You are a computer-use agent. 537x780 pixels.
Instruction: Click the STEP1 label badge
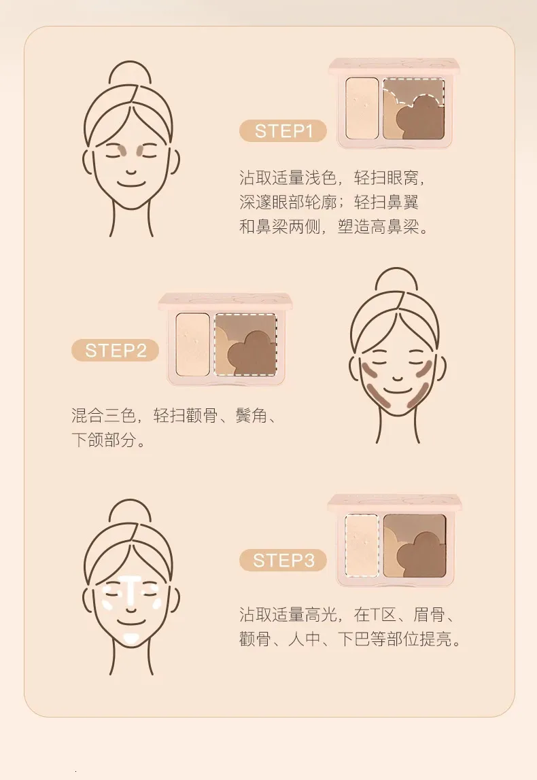[283, 131]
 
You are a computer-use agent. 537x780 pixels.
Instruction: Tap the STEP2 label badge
[115, 350]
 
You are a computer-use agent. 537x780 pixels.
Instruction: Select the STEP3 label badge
[283, 560]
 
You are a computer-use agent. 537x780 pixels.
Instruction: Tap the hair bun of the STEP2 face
[396, 281]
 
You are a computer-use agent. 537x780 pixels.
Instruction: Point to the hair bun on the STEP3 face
[130, 513]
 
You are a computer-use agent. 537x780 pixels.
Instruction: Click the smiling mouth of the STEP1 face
[131, 185]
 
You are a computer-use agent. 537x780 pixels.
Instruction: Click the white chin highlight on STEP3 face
[131, 639]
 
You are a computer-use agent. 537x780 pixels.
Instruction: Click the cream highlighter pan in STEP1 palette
[362, 108]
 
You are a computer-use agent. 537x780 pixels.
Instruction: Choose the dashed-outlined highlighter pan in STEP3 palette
[362, 546]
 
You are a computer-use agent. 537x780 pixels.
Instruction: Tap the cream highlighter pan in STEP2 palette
[192, 344]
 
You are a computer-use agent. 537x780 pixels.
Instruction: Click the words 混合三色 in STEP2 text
[103, 415]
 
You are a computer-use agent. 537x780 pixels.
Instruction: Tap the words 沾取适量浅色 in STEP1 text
[288, 177]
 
